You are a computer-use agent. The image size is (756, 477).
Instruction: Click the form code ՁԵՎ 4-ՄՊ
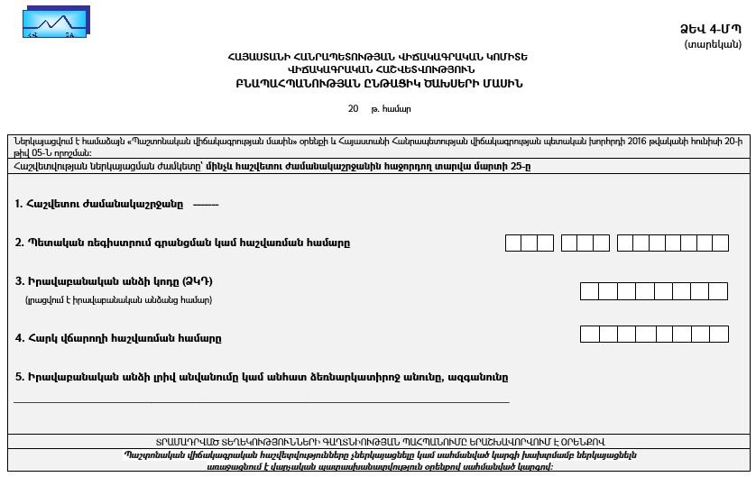[x=710, y=30]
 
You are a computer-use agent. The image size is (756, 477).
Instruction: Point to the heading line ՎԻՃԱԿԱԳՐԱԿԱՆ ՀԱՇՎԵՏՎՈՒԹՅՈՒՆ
[x=378, y=69]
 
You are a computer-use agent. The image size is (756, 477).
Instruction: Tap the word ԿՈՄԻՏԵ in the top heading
[x=506, y=56]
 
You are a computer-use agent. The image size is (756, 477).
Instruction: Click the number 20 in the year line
[x=353, y=109]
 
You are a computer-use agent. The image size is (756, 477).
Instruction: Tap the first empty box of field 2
[x=513, y=243]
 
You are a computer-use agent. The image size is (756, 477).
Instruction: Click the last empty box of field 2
[x=719, y=243]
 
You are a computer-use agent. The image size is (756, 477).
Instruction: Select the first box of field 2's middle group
[x=569, y=243]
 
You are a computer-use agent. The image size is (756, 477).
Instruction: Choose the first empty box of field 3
[x=588, y=290]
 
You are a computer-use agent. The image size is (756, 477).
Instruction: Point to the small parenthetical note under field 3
[x=118, y=299]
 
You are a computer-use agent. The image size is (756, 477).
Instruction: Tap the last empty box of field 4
[x=719, y=334]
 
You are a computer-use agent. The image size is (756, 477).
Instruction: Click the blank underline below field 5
[x=262, y=402]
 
